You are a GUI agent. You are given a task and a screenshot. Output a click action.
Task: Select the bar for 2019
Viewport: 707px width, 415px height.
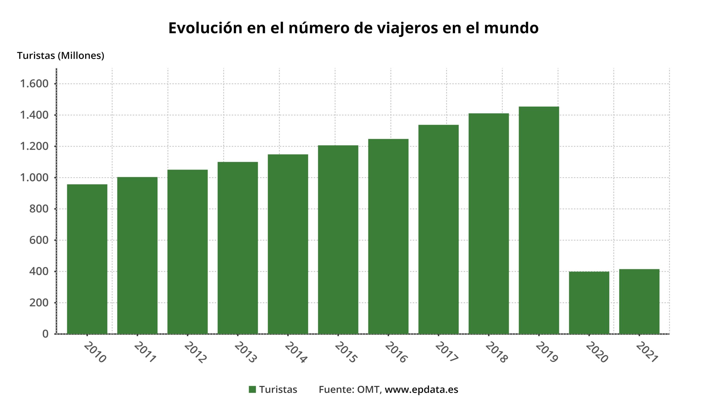[539, 220]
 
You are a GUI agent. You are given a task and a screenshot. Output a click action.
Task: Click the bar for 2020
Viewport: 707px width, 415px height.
[589, 303]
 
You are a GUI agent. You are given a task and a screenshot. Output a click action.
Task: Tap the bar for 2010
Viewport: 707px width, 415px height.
[87, 259]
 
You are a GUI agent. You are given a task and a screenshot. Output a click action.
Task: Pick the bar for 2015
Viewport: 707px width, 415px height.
[338, 240]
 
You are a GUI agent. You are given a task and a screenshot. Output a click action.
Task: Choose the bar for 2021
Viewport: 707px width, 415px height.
[639, 302]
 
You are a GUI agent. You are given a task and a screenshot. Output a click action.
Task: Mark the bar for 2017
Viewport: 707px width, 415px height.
[438, 229]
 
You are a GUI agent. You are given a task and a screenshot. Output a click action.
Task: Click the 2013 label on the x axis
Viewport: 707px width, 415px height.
[246, 352]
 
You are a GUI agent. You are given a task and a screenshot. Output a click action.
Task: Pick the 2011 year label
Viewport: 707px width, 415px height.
[145, 352]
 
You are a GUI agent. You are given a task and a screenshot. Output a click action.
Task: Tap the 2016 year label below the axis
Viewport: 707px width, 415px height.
[396, 352]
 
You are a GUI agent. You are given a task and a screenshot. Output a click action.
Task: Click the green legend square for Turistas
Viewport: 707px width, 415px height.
[252, 390]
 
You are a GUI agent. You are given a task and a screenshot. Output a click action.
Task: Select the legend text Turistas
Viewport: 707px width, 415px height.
[278, 390]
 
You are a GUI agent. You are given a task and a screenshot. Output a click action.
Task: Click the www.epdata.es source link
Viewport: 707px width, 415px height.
[421, 390]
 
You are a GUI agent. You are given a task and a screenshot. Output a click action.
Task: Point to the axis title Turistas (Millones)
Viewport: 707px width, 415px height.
[60, 55]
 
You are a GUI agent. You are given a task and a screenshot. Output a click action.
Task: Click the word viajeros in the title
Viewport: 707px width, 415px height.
[407, 28]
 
